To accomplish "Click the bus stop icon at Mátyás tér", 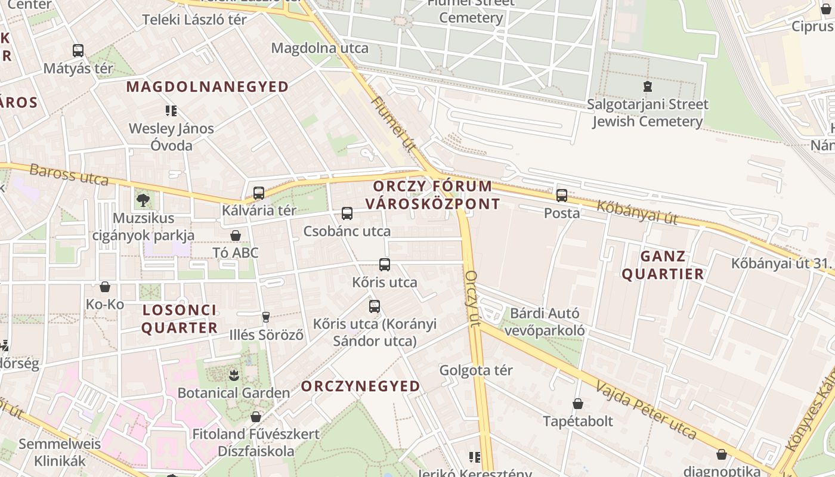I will point(78,51).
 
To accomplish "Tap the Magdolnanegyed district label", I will point(208,87).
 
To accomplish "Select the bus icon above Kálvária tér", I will point(259,193).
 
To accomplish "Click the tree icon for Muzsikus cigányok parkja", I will point(143,200).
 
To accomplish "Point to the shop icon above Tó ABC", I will point(236,236).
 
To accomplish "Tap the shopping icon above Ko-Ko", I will point(105,287).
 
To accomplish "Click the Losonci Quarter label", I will point(180,319).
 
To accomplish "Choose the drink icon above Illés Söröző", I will point(266,317).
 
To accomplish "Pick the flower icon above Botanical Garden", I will point(233,375).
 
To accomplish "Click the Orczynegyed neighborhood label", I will point(360,386).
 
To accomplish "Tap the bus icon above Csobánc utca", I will point(347,213).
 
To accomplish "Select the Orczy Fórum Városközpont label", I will point(432,195).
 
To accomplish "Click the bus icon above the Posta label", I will point(562,195).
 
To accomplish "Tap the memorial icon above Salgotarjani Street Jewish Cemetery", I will point(647,86).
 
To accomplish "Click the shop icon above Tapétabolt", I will point(577,404).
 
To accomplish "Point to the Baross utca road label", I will point(69,175).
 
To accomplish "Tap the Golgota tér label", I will point(476,370).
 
